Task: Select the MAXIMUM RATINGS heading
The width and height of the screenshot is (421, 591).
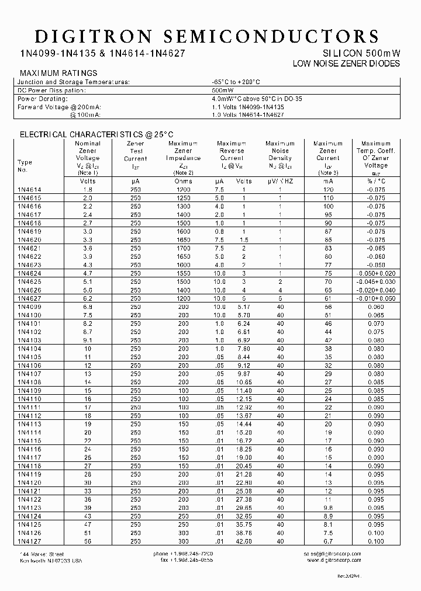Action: tap(58, 73)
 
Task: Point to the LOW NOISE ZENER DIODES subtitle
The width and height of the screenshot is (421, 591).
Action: tap(346, 63)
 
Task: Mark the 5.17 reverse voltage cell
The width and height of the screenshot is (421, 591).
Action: tap(243, 307)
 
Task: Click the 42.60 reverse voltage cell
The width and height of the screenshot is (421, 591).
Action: tap(243, 541)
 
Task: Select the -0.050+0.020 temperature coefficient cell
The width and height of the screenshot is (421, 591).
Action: tap(375, 273)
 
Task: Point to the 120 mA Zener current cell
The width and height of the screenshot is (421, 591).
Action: tap(327, 189)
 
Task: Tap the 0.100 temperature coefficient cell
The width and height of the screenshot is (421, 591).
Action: tap(375, 541)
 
